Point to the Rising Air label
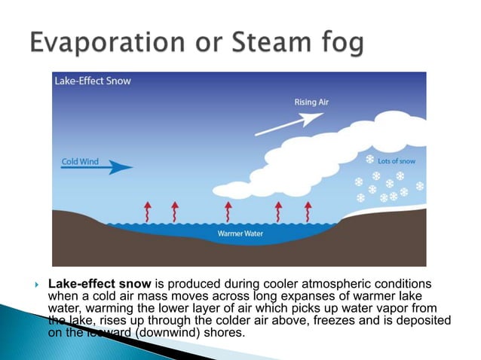pos(311,103)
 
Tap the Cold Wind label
pos(80,161)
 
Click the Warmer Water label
pos(239,233)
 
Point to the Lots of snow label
pos(396,160)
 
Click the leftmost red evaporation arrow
pos(148,211)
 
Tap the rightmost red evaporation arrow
pos(307,211)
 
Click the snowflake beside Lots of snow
pos(369,160)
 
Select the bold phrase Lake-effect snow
pos(100,284)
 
